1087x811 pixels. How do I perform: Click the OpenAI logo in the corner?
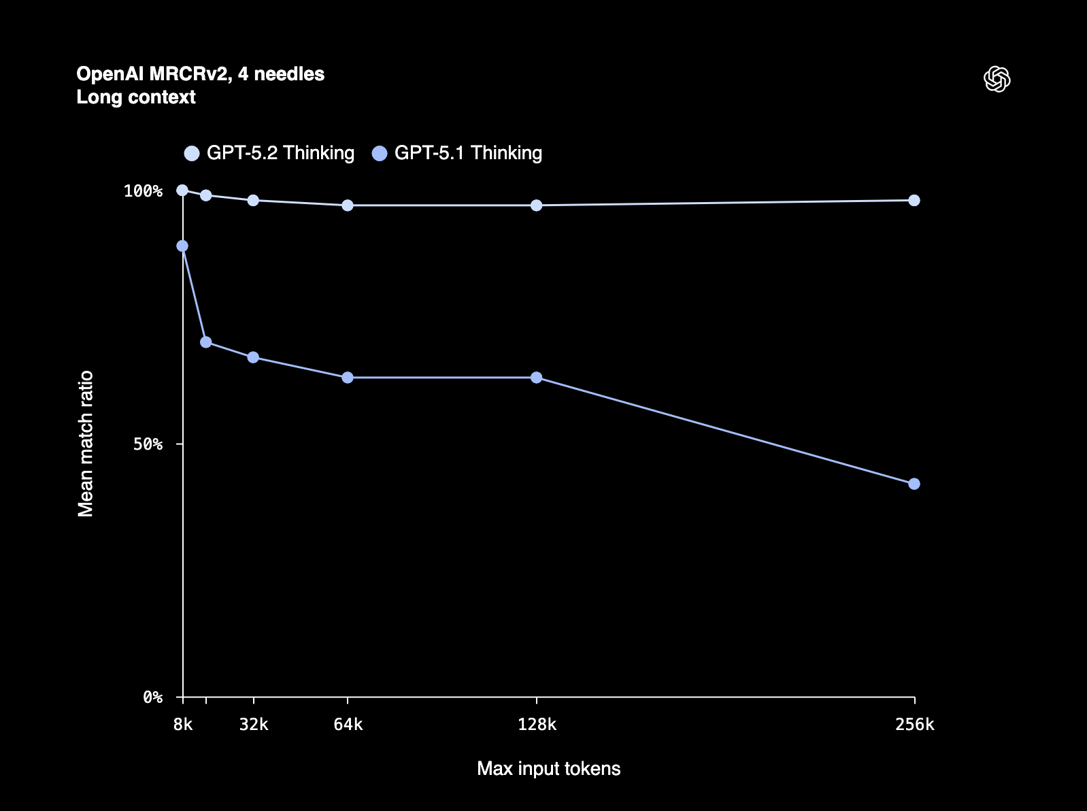point(997,80)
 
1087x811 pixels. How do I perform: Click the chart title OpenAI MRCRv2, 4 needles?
point(200,73)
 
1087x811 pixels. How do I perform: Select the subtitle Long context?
point(136,97)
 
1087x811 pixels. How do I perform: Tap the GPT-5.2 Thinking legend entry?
point(270,153)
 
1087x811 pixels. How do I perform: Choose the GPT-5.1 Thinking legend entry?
point(458,153)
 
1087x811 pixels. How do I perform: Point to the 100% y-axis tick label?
point(143,191)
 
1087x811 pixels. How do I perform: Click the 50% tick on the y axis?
point(148,444)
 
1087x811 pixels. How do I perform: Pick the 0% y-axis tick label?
point(152,697)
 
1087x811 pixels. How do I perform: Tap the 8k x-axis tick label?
point(182,725)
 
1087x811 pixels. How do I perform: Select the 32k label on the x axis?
point(254,725)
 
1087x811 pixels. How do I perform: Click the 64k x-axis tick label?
point(348,725)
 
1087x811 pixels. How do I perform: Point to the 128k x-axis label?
point(537,725)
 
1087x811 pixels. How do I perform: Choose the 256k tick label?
point(914,725)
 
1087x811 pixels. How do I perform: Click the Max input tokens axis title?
point(548,769)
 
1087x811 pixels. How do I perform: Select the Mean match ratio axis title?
point(86,444)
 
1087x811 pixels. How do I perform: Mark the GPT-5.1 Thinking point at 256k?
point(914,484)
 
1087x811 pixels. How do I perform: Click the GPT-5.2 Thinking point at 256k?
point(914,200)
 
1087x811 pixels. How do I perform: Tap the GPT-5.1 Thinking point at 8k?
point(182,246)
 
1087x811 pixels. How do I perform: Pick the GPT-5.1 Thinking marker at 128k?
point(537,378)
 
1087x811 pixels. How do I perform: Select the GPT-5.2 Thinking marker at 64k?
point(348,205)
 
